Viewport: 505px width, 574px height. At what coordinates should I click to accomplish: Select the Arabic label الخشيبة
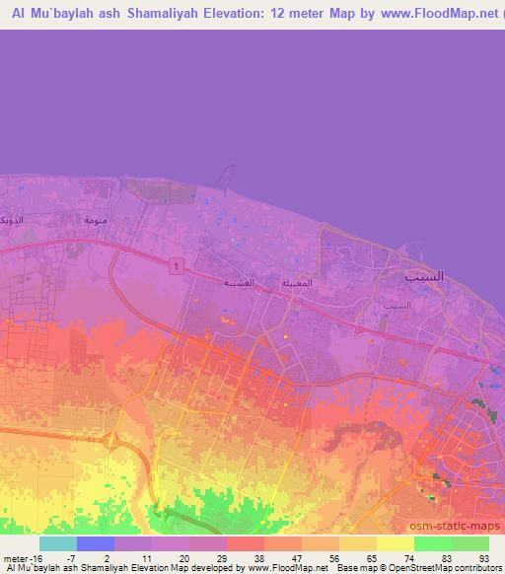pos(240,283)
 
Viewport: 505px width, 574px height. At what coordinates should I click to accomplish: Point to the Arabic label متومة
pos(96,220)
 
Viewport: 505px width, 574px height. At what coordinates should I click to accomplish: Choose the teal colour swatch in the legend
pos(58,543)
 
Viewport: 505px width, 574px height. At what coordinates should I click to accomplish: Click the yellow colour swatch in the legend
pos(395,543)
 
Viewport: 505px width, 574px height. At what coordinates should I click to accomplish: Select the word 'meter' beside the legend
pos(16,557)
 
